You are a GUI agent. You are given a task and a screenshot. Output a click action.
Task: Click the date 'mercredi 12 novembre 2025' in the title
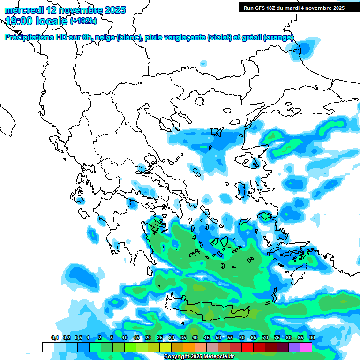[65, 10]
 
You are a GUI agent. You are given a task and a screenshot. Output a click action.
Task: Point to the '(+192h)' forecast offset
[83, 21]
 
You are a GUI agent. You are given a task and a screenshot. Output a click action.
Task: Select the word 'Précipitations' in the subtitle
[28, 37]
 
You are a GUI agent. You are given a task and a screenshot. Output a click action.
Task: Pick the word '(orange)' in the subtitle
[278, 37]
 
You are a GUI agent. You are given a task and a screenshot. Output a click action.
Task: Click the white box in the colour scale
[48, 347]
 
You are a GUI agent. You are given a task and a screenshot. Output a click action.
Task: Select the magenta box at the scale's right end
[306, 347]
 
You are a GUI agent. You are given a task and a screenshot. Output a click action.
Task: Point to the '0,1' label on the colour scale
[54, 338]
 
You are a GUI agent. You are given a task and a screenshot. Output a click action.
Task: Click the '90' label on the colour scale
[312, 338]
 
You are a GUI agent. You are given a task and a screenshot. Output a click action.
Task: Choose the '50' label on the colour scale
[218, 338]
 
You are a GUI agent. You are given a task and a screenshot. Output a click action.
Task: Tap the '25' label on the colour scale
[160, 338]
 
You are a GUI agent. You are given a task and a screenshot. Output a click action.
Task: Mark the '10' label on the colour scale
[125, 338]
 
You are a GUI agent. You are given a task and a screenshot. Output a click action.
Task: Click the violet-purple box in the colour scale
[294, 347]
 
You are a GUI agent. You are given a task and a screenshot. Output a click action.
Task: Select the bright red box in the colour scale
[247, 347]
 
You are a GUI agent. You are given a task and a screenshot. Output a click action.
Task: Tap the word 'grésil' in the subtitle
[252, 37]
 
